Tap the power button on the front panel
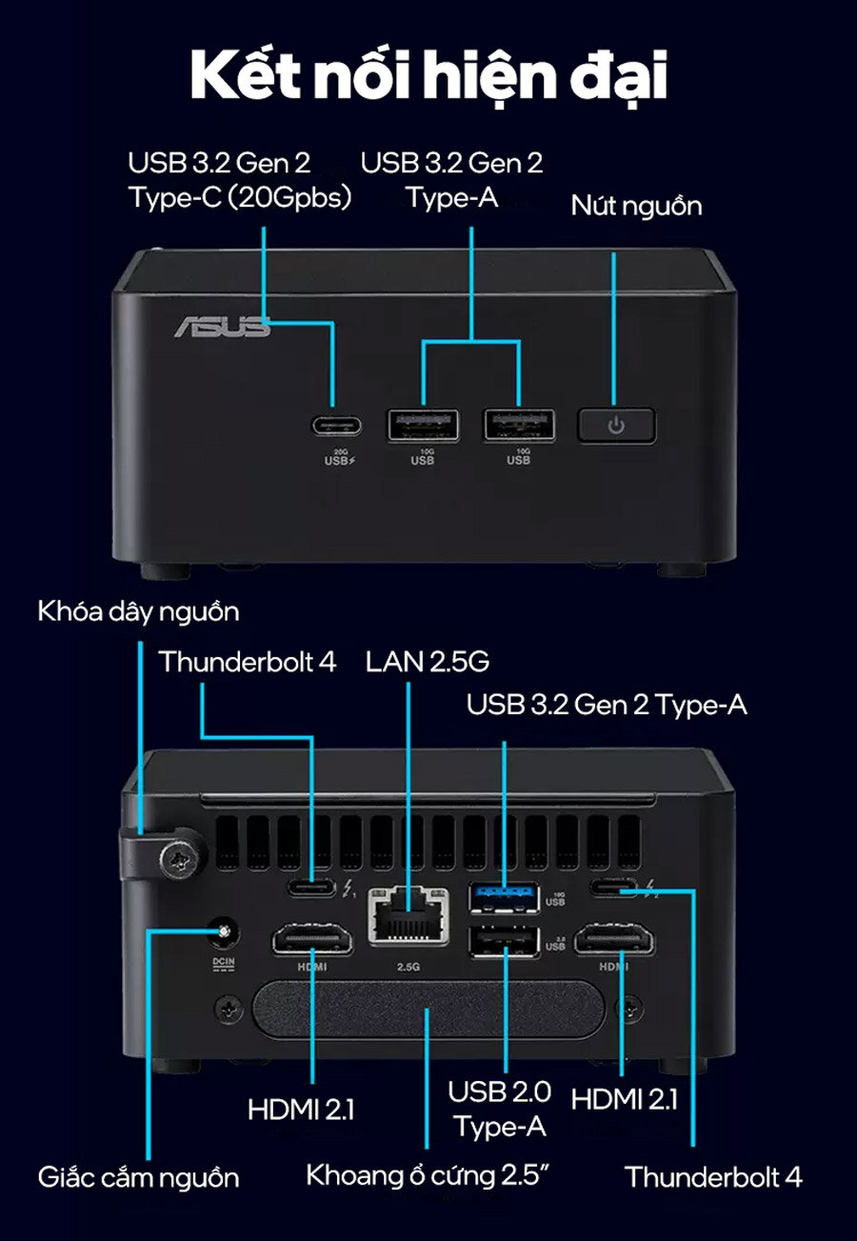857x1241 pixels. pos(616,425)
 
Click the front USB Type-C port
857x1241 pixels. pos(333,425)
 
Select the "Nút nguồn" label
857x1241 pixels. pos(636,206)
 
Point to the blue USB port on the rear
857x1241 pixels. pos(504,895)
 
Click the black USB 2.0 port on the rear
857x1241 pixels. pos(504,941)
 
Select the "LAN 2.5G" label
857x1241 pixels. pos(428,662)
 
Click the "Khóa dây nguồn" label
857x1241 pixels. pos(138,610)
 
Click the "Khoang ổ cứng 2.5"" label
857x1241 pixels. pos(429,1175)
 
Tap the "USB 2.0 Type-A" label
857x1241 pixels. pos(500,1109)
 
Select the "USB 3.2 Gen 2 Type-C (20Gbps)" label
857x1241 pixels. pos(240,180)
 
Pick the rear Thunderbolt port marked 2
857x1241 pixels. pos(615,890)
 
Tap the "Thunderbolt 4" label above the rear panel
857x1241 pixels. pos(247,662)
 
